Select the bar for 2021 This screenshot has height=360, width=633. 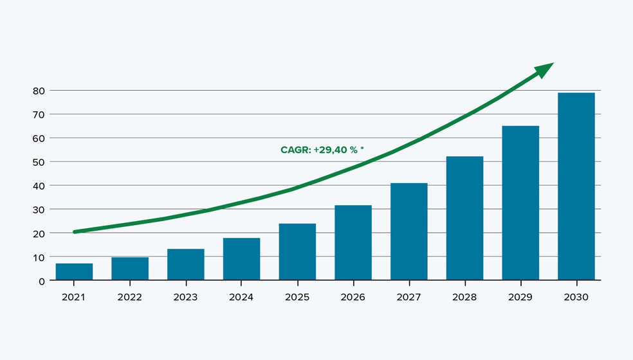[74, 272]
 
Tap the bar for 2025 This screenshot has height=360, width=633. [297, 252]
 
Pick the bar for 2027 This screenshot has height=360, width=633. [408, 231]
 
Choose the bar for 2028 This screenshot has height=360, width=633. [464, 219]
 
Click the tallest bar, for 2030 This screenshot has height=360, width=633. [576, 186]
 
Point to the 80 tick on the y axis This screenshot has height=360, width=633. [39, 91]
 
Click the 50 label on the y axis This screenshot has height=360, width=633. [39, 162]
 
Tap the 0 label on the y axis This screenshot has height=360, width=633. [42, 281]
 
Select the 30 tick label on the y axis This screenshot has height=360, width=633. [39, 210]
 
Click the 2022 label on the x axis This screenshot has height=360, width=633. [130, 297]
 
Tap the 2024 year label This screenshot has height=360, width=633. [241, 297]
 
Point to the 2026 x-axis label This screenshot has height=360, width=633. [353, 297]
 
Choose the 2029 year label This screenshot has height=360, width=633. [520, 297]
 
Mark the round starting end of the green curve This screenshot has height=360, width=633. [75, 231]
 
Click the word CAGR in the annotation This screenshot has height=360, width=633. [295, 150]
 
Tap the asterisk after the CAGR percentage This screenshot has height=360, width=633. [362, 149]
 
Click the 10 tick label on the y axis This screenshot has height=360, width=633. [39, 257]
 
